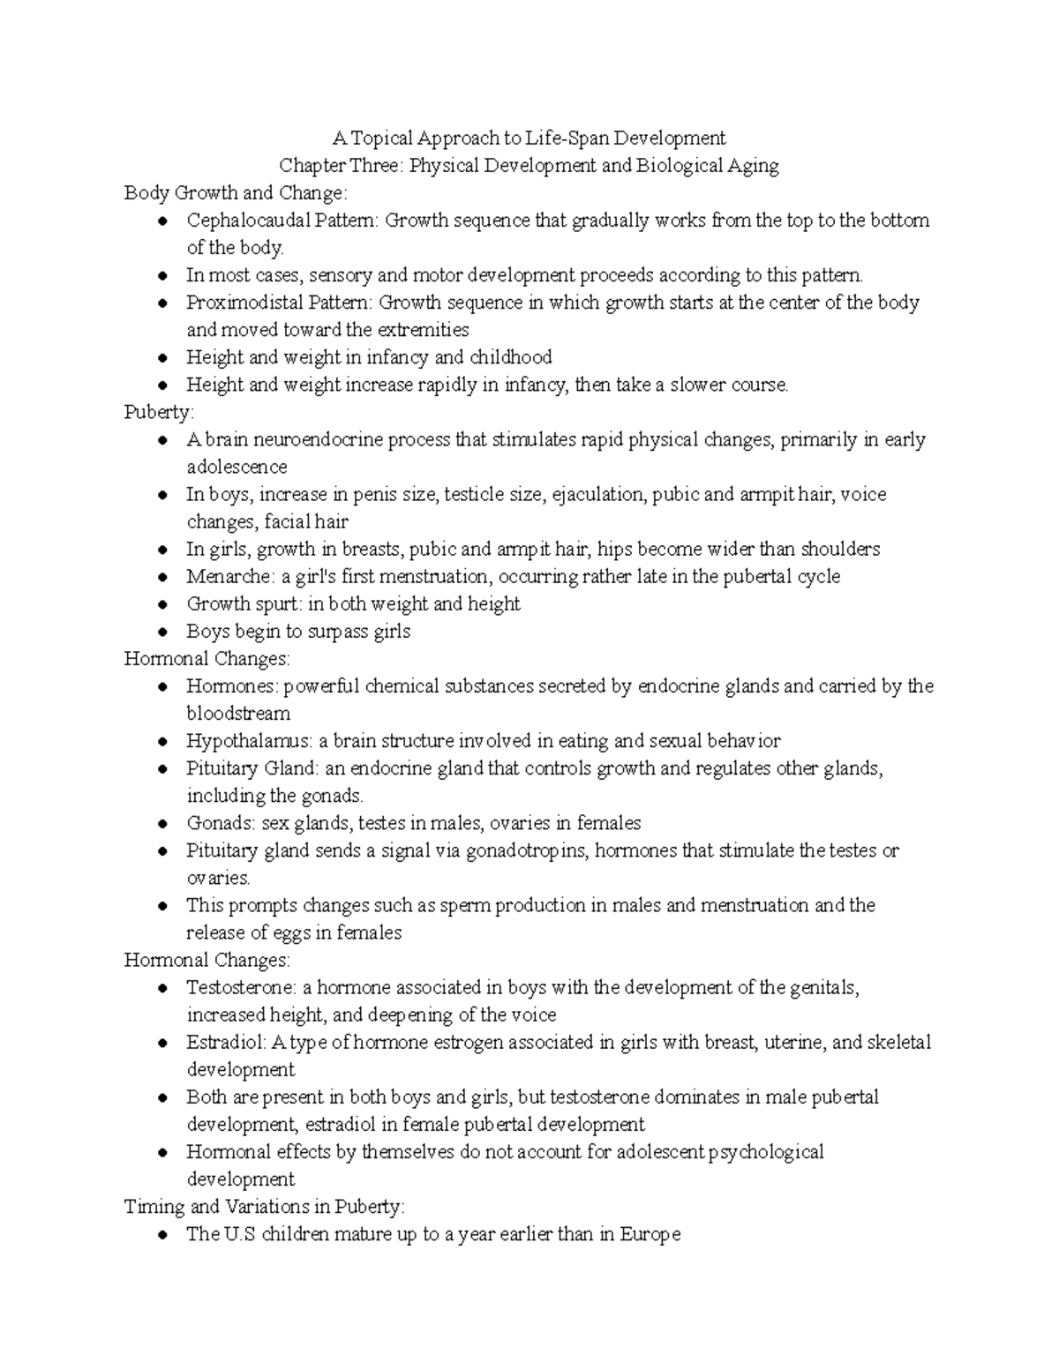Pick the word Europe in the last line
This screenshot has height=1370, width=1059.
point(651,1234)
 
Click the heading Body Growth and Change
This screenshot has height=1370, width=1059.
point(236,193)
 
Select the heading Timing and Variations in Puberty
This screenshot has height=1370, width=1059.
point(265,1207)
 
